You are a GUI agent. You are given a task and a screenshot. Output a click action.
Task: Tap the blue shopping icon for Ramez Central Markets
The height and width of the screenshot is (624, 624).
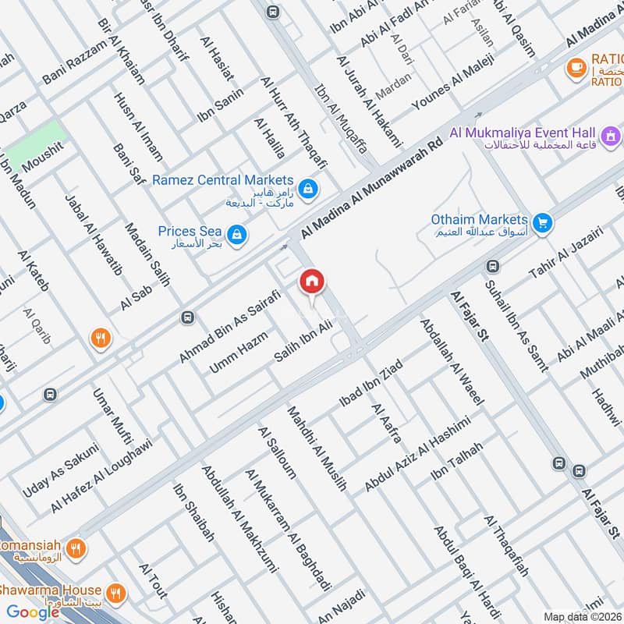(x=310, y=188)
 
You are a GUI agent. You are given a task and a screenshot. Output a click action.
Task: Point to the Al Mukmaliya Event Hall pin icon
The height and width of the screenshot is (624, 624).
(x=612, y=136)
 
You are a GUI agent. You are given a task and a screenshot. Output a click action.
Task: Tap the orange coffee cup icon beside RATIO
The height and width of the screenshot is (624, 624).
(x=576, y=68)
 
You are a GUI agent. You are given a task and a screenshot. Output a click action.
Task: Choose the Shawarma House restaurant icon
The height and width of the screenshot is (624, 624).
(x=116, y=593)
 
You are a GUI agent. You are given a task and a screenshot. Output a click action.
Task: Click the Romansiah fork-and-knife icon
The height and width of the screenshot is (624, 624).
(x=75, y=548)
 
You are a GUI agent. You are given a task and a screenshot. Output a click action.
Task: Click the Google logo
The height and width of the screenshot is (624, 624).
(x=34, y=612)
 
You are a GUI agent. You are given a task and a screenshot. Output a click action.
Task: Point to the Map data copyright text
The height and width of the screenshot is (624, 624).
(x=582, y=616)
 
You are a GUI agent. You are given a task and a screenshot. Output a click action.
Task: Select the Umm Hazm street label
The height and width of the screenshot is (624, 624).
(x=239, y=353)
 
